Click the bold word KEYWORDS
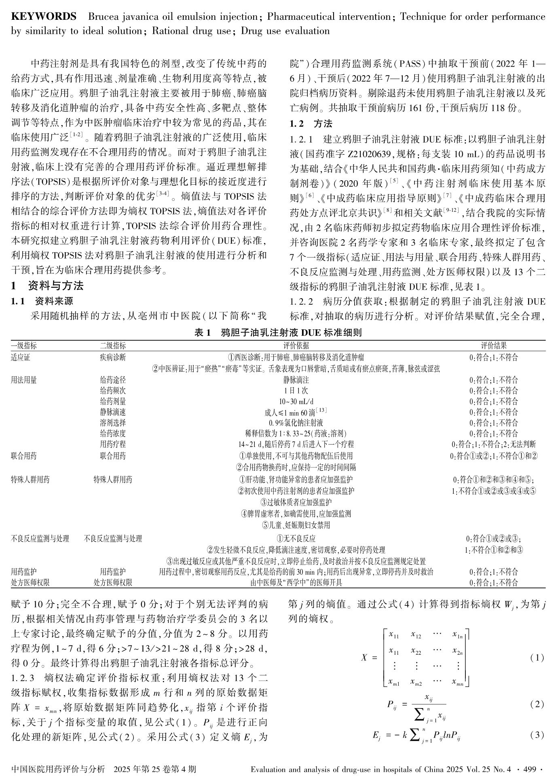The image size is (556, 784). click(43, 17)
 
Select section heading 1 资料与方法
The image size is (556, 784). click(47, 286)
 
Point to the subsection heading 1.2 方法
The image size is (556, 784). click(311, 124)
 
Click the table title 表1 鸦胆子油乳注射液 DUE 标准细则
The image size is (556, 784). click(278, 333)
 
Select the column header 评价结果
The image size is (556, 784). click(493, 346)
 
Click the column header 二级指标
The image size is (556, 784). click(113, 346)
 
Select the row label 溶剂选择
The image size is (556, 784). click(113, 423)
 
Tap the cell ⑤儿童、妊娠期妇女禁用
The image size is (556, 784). click(296, 525)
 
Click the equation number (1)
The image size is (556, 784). click(537, 658)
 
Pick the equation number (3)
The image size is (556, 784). click(537, 735)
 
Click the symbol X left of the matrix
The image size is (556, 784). click(364, 658)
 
